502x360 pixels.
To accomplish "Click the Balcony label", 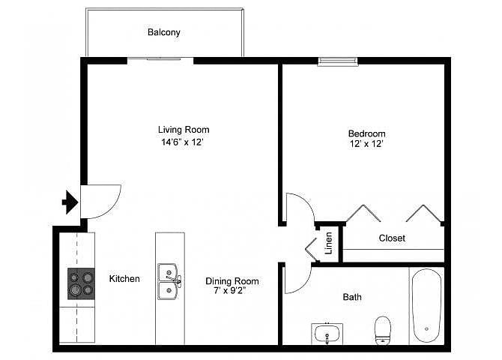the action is coord(163,32).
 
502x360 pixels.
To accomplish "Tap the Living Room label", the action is coord(184,130).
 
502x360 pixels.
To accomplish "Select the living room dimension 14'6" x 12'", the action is coord(183,142).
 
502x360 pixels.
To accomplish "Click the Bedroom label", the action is coord(366,133).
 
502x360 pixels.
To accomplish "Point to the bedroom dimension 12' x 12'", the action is coord(366,143).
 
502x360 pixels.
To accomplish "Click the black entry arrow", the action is coord(70,202).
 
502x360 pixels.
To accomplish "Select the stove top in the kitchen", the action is coord(81,283).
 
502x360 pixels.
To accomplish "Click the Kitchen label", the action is coord(124,278).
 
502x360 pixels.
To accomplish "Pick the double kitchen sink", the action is coord(169,281).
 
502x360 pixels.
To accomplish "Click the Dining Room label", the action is coord(232,281).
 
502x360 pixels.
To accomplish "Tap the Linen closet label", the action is coord(328,243).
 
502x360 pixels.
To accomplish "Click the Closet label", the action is coord(392,238).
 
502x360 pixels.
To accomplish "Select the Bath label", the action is coord(352,297).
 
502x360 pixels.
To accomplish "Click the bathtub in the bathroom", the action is coord(426,305).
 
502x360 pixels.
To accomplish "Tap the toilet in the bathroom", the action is coord(383,330).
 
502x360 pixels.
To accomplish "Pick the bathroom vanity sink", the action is coord(327,334).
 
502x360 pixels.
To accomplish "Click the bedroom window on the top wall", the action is coord(337,61).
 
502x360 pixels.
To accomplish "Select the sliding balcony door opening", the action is coord(160,60).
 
